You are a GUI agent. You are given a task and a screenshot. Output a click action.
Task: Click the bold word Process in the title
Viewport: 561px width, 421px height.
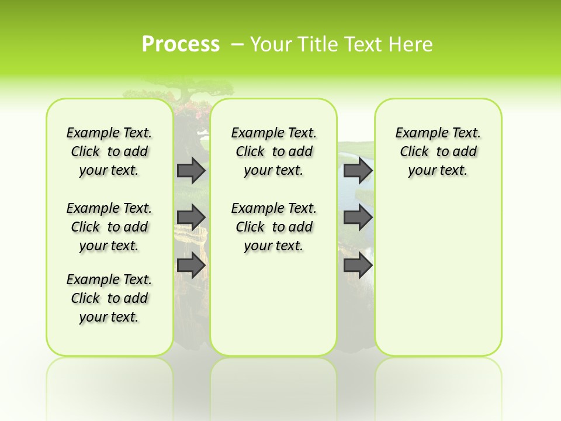[x=181, y=44]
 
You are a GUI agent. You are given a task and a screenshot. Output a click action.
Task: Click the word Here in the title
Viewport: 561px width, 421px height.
[x=413, y=44]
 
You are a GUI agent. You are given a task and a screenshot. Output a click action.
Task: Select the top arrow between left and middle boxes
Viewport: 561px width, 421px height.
[x=191, y=170]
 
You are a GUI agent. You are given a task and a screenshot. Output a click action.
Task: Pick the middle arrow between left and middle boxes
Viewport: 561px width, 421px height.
[x=191, y=218]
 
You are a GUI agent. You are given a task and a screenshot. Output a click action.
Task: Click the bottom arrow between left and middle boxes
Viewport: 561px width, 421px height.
[x=191, y=265]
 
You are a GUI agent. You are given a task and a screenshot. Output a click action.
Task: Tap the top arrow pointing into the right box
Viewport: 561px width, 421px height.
[x=358, y=170]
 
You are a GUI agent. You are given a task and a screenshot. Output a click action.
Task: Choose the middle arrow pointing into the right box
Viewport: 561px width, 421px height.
[x=358, y=218]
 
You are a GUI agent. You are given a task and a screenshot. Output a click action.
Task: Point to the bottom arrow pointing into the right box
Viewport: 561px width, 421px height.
[x=358, y=265]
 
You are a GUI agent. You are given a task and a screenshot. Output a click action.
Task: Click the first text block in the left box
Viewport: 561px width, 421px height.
[x=109, y=151]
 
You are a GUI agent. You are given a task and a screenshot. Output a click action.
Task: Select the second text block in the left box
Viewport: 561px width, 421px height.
[x=109, y=227]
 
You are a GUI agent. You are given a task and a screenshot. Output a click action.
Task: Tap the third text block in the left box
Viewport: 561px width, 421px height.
[x=109, y=298]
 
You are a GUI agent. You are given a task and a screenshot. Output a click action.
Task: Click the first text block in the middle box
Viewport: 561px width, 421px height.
[x=273, y=151]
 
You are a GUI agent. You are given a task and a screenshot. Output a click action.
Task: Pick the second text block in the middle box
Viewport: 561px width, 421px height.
[x=273, y=227]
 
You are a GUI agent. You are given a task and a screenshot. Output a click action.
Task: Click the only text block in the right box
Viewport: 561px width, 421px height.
[x=438, y=151]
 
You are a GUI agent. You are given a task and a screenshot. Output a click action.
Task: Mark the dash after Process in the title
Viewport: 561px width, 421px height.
[x=237, y=44]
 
